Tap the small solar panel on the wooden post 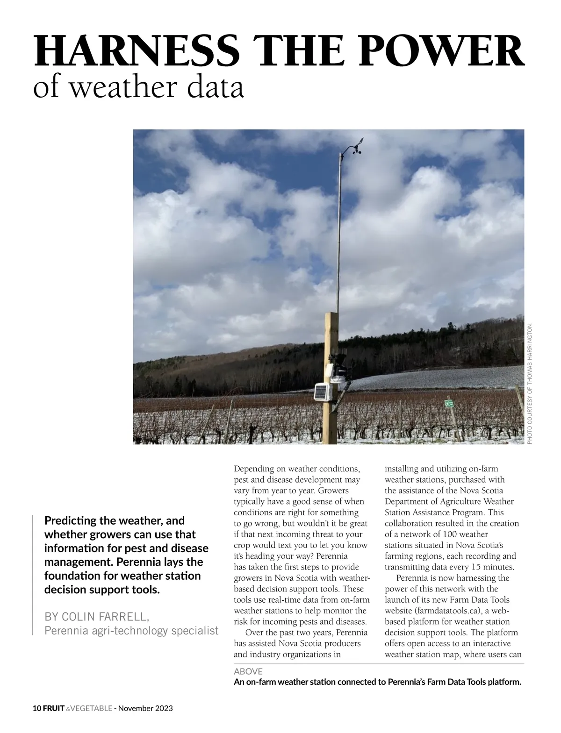(x=322, y=391)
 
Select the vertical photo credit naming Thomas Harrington (x=530, y=383)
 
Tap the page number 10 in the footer (x=37, y=708)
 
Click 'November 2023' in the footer (x=145, y=708)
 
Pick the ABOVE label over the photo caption (x=248, y=671)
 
